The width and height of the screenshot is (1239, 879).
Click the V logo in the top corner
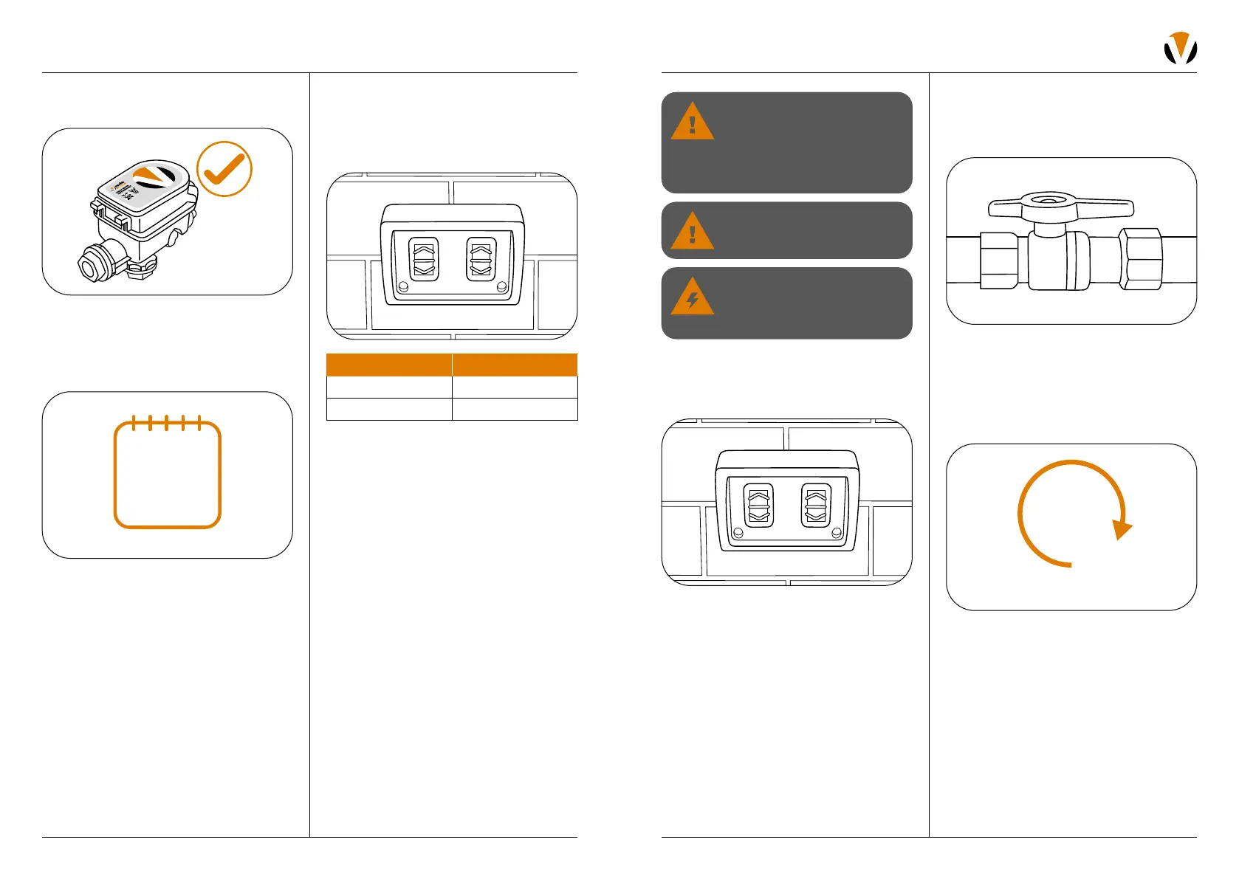click(1180, 48)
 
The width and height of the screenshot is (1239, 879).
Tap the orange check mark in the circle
click(224, 169)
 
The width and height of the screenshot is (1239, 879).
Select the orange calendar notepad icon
click(168, 474)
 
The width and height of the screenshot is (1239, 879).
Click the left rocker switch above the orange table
click(424, 259)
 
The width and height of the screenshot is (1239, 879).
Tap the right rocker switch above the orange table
click(481, 259)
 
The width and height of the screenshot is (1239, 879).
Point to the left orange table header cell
click(388, 365)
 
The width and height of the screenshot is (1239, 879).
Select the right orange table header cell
click(515, 365)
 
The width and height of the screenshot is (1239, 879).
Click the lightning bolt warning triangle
click(692, 297)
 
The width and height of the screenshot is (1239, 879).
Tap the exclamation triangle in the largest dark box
click(692, 123)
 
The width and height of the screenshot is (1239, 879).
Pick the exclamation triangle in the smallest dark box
click(692, 232)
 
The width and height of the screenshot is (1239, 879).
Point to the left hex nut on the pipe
click(1000, 259)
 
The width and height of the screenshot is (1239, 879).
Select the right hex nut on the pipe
click(1141, 259)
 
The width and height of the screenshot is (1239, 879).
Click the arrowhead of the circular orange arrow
click(1122, 528)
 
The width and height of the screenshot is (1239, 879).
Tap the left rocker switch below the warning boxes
click(758, 506)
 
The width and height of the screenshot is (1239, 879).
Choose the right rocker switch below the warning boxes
click(816, 506)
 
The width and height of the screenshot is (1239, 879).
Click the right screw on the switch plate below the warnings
click(837, 533)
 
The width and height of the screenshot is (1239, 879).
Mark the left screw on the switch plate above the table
click(403, 286)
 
